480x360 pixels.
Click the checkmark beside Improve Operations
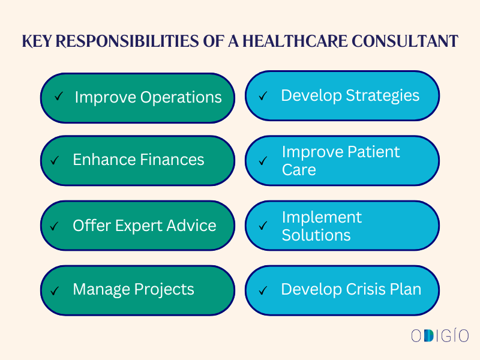59,96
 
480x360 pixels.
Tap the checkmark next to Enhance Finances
55,160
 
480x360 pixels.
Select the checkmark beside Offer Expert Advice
55,226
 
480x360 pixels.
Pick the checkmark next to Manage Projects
55,290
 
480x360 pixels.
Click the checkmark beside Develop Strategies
263,95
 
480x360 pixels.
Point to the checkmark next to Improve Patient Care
263,161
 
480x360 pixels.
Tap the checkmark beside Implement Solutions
263,226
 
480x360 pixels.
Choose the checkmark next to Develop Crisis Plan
263,290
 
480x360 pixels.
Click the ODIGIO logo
440,335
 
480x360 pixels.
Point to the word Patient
372,152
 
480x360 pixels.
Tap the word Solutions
316,235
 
